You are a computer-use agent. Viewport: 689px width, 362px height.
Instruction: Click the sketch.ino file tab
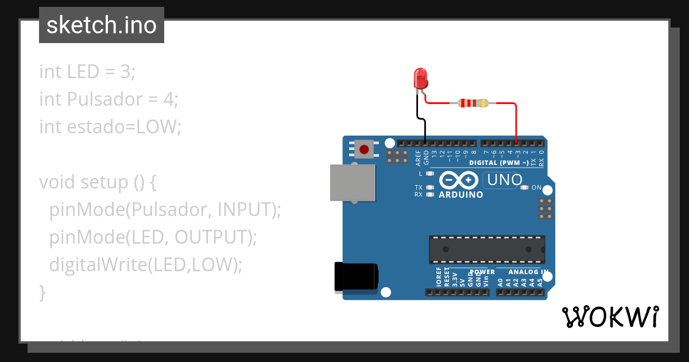pos(101,25)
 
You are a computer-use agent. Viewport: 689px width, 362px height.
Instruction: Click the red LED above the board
pos(420,78)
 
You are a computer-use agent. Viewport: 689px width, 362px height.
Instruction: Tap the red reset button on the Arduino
pos(363,149)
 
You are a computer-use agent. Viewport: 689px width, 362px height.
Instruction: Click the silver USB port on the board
pos(352,183)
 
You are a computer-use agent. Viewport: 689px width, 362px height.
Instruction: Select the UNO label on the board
pos(504,180)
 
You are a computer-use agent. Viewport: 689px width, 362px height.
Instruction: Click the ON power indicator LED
pos(523,187)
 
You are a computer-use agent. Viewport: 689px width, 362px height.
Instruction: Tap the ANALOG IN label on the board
pos(528,272)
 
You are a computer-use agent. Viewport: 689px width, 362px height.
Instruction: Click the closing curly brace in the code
pos(42,292)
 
